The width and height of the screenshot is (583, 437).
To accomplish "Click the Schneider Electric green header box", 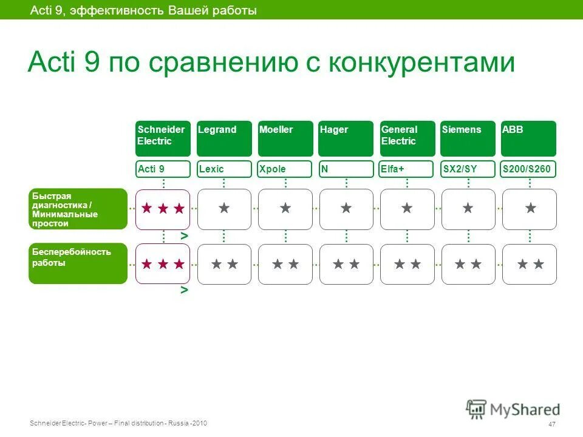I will coord(163,138).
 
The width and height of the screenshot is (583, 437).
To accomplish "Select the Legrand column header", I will coord(224,138).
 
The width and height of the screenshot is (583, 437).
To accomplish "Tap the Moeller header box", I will coord(285,138).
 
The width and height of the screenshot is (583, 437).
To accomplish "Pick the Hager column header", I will coord(346,138).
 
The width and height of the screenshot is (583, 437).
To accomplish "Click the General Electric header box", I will coord(407,138).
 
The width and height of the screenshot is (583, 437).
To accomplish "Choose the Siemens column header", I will coord(468,138).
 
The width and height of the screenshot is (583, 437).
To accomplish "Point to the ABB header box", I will coord(528,138).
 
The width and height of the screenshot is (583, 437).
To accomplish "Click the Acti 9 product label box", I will coord(163,169).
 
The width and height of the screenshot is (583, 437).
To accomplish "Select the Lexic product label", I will coord(224,169).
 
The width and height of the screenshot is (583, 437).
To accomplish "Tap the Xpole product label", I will coord(285,169).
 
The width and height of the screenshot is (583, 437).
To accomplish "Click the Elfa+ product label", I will coord(407,169).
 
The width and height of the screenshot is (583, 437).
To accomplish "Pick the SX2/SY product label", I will coord(468,169).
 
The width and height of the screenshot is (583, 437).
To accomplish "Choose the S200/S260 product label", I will coord(528,169).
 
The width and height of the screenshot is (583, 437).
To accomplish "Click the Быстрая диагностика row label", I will coord(78,209).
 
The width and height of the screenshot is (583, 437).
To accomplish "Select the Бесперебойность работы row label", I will coord(78,263).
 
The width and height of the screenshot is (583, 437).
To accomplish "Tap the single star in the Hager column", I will coord(346,209).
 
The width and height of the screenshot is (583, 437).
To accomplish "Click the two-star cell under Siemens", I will coord(468,264).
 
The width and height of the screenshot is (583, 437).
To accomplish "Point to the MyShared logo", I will coord(513,409).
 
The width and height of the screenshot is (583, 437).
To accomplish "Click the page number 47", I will coord(551,424).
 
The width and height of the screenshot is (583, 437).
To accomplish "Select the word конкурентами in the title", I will coord(421,63).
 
